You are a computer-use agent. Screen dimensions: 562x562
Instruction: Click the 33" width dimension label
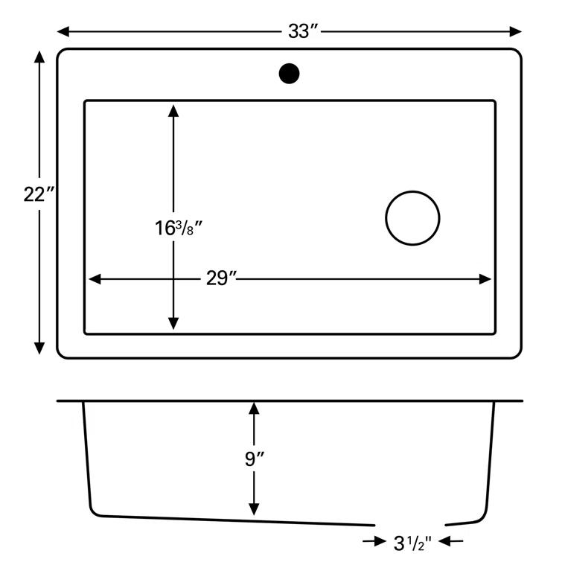pos(304,31)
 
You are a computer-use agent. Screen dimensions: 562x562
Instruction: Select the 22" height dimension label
pos(39,195)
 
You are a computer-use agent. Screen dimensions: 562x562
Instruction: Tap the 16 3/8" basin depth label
pos(179,228)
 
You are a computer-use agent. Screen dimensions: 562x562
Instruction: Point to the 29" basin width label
pos(221,279)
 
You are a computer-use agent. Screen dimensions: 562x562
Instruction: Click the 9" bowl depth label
pos(255,459)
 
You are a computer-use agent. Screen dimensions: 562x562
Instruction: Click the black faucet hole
pos(289,74)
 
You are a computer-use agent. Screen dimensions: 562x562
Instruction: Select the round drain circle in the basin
pos(412,218)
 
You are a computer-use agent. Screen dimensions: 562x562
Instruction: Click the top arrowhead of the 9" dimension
pos(255,409)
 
